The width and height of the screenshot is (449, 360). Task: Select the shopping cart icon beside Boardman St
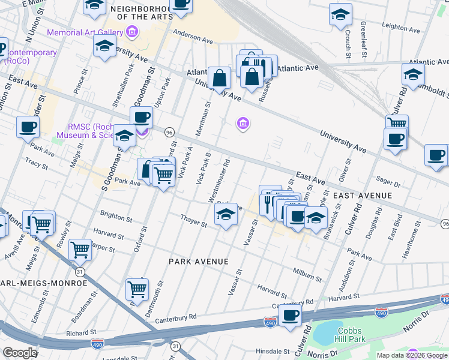pyautogui.click(x=137, y=289)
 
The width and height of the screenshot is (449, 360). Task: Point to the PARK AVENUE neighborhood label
pyautogui.click(x=198, y=262)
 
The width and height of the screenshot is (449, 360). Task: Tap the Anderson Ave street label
pyautogui.click(x=193, y=37)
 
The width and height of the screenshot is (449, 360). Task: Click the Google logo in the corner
pyautogui.click(x=20, y=352)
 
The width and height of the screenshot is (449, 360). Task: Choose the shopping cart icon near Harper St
pyautogui.click(x=80, y=249)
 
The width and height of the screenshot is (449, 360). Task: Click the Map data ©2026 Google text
pyautogui.click(x=412, y=355)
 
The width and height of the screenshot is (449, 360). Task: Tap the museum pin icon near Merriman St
pyautogui.click(x=243, y=124)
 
